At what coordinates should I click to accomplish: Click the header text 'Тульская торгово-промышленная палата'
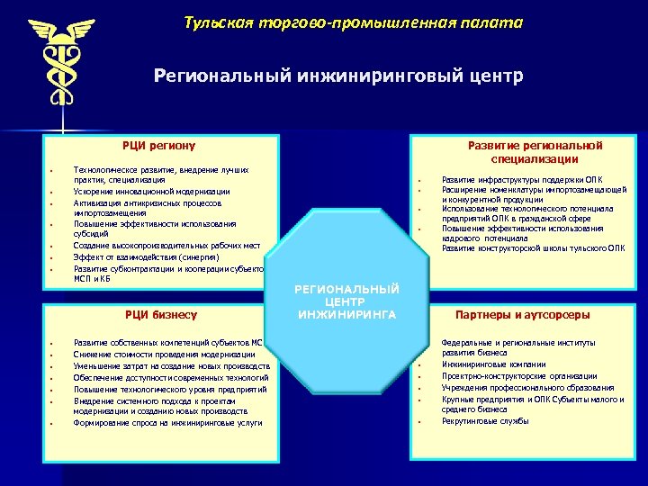click(353, 22)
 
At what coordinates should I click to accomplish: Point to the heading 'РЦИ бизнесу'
click(159, 314)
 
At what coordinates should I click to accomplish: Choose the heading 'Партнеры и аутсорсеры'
click(523, 315)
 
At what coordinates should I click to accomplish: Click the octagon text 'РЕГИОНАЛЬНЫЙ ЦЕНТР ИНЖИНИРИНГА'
click(346, 301)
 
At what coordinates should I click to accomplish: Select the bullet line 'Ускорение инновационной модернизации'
click(151, 192)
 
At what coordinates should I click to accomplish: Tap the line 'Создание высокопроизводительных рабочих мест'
click(166, 246)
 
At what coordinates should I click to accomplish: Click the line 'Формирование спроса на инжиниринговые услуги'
click(167, 422)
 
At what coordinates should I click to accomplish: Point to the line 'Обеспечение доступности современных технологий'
click(171, 377)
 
